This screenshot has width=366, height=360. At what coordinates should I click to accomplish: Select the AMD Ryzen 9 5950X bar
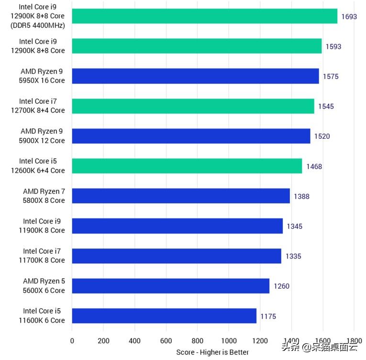pyautogui.click(x=195, y=76)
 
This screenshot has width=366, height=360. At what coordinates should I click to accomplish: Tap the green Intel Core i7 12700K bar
pyautogui.click(x=193, y=106)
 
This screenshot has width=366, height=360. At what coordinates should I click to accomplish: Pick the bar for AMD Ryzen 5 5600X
pyautogui.click(x=170, y=286)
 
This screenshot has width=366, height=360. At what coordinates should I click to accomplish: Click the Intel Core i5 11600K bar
pyautogui.click(x=164, y=316)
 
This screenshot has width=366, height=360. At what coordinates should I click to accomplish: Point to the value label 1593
pyautogui.click(x=333, y=46)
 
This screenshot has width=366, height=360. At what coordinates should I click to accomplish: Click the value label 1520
pyautogui.click(x=322, y=136)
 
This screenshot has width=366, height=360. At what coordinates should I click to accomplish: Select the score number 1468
pyautogui.click(x=314, y=167)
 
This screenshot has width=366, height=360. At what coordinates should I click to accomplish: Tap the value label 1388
pyautogui.click(x=302, y=196)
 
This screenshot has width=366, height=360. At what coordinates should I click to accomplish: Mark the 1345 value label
pyautogui.click(x=295, y=226)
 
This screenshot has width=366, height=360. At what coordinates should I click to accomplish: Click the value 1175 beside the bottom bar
pyautogui.click(x=268, y=316)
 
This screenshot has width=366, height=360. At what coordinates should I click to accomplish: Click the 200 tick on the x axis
pyautogui.click(x=103, y=341)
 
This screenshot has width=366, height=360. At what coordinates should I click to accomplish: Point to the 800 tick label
pyautogui.click(x=198, y=341)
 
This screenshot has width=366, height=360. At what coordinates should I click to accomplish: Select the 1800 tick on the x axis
pyautogui.click(x=354, y=341)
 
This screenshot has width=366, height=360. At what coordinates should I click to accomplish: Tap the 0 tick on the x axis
pyautogui.click(x=72, y=341)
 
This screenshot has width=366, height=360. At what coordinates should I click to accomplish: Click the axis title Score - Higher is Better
pyautogui.click(x=212, y=352)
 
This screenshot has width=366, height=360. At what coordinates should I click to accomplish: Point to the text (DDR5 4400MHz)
pyautogui.click(x=41, y=25)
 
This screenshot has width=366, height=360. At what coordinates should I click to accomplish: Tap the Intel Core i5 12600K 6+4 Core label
pyautogui.click(x=42, y=166)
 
